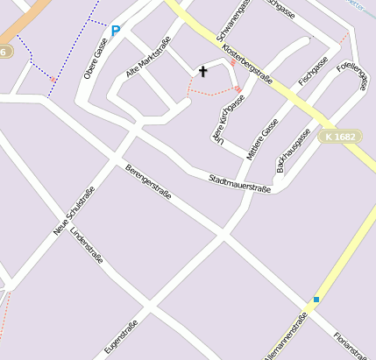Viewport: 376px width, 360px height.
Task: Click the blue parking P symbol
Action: point(116,32)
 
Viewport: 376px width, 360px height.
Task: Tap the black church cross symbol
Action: point(204,71)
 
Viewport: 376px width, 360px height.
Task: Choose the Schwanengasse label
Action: point(231,25)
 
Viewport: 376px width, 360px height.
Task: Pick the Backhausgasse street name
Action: point(294,150)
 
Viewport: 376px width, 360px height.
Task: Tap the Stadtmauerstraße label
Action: point(239,183)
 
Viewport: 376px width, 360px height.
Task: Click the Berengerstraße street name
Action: point(148,181)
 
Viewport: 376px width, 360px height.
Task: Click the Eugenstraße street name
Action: point(121,338)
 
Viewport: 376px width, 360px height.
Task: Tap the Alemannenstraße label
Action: point(285,338)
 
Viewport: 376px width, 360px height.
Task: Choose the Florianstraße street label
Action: point(350,343)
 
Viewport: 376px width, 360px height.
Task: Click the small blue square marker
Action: point(316,300)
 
